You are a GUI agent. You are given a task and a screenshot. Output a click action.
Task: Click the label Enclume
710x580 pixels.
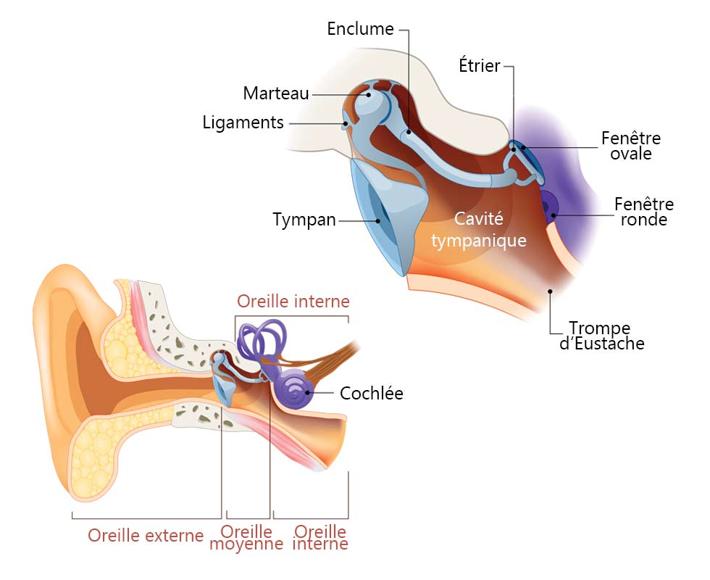tap(361, 29)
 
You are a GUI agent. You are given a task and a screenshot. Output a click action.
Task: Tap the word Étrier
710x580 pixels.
tap(480, 65)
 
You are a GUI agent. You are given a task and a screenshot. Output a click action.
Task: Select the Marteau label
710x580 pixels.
tap(276, 94)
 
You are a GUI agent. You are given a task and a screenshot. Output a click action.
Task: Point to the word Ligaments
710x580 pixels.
tap(243, 123)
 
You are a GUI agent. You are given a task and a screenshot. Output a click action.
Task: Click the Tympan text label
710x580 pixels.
tap(304, 220)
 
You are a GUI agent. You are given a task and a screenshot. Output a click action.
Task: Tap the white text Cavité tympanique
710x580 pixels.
tap(479, 230)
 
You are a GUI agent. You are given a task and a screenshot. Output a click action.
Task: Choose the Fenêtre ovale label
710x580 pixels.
tap(631, 146)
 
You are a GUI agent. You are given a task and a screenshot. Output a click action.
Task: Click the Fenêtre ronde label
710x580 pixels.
tap(644, 212)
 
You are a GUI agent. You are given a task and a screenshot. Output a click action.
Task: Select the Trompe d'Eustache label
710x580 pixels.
tap(602, 336)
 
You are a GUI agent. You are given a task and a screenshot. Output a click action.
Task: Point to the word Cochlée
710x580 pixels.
tap(371, 393)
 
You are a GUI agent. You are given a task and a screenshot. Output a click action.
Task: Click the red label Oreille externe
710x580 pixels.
tap(146, 536)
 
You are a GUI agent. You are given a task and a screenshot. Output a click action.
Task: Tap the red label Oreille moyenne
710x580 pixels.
tap(246, 537)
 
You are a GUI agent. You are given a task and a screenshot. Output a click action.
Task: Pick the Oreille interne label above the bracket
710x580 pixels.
tap(293, 302)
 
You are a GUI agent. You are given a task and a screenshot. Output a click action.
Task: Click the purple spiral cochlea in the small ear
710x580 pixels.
tap(296, 389)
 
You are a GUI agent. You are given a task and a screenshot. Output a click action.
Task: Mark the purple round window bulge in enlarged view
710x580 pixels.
tap(549, 206)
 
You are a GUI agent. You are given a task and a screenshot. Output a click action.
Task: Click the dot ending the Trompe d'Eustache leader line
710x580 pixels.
tap(550, 291)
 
